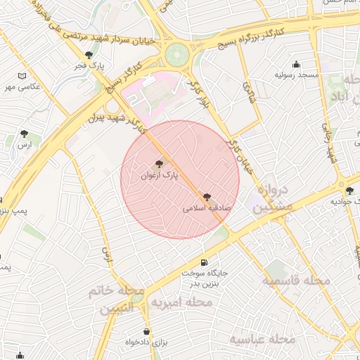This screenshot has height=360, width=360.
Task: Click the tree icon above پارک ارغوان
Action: click(x=158, y=162)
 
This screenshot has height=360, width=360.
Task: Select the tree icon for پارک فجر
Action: click(x=88, y=55)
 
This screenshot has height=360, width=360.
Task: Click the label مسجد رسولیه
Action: click(x=297, y=74)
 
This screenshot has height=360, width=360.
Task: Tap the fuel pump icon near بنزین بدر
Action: click(x=204, y=262)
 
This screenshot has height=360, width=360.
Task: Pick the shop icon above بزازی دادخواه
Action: click(x=146, y=331)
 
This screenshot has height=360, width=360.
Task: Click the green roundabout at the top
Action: click(x=177, y=53)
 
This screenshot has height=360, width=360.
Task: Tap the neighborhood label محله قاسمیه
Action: click(x=296, y=281)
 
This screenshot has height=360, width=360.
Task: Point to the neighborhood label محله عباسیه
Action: click(x=262, y=339)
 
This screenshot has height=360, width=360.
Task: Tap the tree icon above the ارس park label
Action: click(x=25, y=133)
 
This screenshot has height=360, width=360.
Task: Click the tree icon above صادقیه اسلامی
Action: click(x=207, y=198)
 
